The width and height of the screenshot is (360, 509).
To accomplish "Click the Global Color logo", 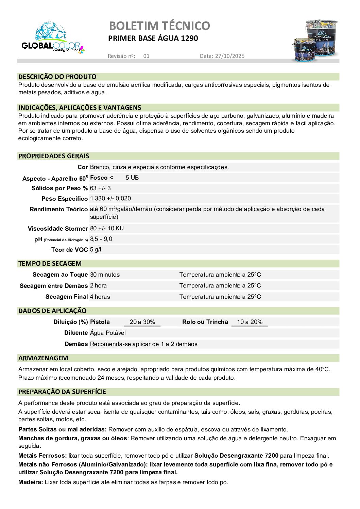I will [52, 38].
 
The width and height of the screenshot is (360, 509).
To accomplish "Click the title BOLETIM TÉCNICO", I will [159, 26].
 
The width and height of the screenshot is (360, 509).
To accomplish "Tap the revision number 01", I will [146, 56].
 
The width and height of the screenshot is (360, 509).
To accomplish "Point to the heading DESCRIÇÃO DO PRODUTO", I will [57, 77].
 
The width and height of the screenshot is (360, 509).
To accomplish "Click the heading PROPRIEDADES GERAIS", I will [54, 156].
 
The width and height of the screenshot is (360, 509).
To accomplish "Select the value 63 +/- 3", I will [100, 188].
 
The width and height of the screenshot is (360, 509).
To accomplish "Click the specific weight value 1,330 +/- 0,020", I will [110, 198].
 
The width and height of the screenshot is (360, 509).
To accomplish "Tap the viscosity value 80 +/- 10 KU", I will [107, 228].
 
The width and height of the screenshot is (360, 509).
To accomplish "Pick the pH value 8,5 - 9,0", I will [101, 239].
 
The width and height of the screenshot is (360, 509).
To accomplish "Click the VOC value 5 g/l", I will [96, 249].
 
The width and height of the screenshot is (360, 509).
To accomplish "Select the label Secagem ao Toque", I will [60, 275].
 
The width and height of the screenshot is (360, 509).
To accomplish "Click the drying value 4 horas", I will [100, 297].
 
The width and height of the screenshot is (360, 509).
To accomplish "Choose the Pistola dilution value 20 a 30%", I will [142, 322].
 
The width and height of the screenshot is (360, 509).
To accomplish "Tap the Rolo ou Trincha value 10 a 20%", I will [250, 322].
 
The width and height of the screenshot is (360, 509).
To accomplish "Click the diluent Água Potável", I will [108, 333].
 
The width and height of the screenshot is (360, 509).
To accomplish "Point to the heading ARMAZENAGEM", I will [43, 358].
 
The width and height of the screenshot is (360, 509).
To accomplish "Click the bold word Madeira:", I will [31, 482].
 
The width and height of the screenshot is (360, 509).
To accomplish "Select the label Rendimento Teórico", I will [58, 209].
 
